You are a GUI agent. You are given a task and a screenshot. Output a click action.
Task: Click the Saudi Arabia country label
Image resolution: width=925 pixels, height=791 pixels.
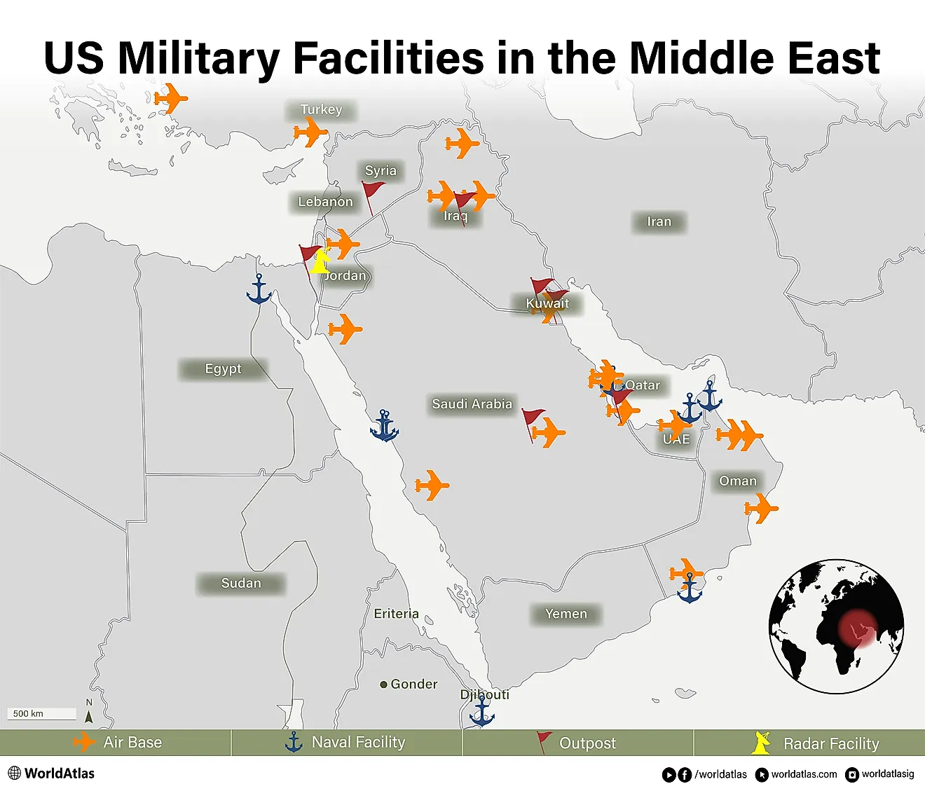pyautogui.click(x=472, y=404)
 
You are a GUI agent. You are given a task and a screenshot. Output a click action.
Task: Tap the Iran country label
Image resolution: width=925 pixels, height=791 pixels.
pyautogui.click(x=659, y=222)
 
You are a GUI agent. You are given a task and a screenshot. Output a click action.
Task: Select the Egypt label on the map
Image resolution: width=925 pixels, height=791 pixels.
pyautogui.click(x=223, y=369)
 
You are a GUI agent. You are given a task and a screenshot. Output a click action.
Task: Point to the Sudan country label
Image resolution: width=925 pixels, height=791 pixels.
pyautogui.click(x=241, y=584)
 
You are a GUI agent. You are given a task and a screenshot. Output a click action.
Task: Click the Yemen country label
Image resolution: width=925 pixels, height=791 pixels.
pyautogui.click(x=566, y=614)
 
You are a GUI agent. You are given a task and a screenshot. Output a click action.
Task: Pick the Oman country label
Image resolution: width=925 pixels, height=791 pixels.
pyautogui.click(x=738, y=481)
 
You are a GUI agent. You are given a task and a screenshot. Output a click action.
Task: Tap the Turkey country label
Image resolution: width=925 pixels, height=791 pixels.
pyautogui.click(x=321, y=110)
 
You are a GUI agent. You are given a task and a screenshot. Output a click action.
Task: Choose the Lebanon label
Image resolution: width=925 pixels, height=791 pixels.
pyautogui.click(x=325, y=202)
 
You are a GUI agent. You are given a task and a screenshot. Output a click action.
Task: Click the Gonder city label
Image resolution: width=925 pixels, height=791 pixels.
pyautogui.click(x=413, y=685)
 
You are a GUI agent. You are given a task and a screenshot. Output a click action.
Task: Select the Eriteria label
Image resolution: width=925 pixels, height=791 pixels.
pyautogui.click(x=396, y=614)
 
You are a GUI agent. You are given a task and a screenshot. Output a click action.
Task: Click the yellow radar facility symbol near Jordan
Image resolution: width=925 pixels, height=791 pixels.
pyautogui.click(x=320, y=261)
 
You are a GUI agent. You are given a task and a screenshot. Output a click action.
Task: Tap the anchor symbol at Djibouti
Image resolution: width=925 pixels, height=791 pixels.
pyautogui.click(x=481, y=713)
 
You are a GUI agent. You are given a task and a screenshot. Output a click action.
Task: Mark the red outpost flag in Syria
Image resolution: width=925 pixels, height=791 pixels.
pyautogui.click(x=372, y=193)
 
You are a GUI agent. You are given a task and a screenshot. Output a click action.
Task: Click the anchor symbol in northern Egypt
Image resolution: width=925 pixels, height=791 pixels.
pyautogui.click(x=259, y=289)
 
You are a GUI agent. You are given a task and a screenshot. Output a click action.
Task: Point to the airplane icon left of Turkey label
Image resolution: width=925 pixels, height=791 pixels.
pyautogui.click(x=310, y=132)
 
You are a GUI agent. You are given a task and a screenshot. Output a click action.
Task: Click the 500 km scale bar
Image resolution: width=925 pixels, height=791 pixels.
pyautogui.click(x=42, y=714)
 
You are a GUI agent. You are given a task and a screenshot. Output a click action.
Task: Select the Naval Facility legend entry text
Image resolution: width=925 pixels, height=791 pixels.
pyautogui.click(x=358, y=743)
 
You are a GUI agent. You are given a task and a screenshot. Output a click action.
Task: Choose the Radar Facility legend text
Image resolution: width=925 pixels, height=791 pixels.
pyautogui.click(x=830, y=744)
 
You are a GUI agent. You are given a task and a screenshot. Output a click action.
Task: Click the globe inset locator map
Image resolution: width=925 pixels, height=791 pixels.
pyautogui.click(x=836, y=626)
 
